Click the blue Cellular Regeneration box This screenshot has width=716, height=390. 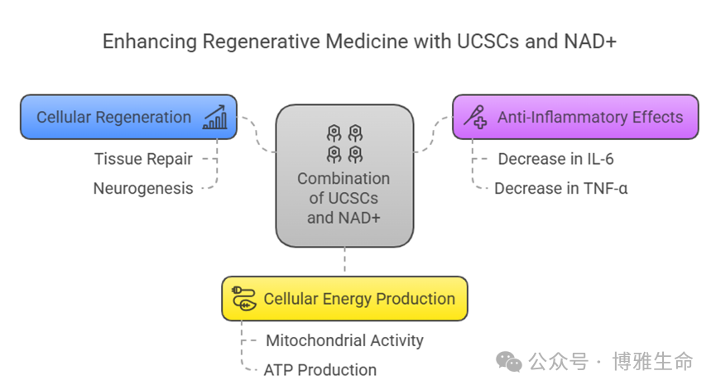(128, 117)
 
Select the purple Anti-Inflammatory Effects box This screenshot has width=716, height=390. (576, 117)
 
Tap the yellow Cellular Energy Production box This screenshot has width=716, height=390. (344, 299)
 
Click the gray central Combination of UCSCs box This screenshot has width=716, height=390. (344, 176)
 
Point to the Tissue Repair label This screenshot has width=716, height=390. (143, 158)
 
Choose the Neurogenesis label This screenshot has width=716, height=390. (143, 188)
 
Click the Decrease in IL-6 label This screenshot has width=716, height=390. (555, 158)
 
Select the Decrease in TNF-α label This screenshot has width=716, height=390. (560, 188)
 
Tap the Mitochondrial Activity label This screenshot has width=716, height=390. (344, 339)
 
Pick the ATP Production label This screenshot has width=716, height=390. (320, 369)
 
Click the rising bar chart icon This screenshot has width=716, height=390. (215, 117)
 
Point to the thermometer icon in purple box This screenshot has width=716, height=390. (475, 117)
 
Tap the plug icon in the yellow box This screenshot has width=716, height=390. (243, 299)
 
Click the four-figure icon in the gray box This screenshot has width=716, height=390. (344, 143)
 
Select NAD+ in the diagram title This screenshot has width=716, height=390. (587, 41)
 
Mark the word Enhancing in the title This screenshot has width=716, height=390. (140, 41)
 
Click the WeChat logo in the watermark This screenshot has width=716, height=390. (508, 362)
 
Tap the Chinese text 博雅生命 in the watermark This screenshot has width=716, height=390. (652, 362)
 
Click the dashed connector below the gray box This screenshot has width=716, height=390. (344, 262)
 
